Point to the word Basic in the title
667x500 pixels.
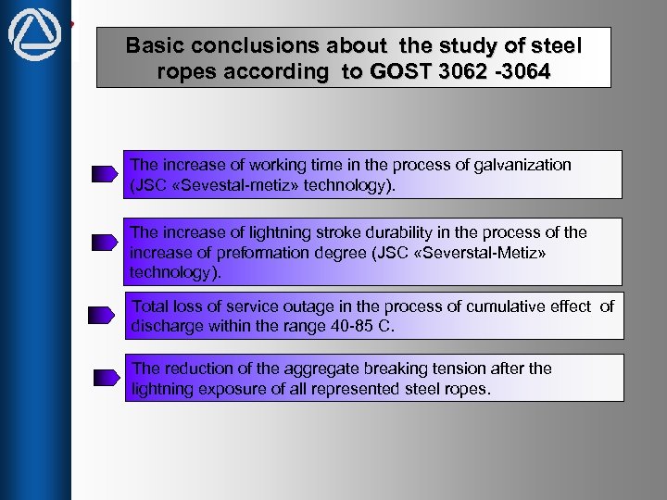point(155,44)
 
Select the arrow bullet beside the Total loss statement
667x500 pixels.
point(102,316)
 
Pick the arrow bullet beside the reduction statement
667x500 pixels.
point(105,377)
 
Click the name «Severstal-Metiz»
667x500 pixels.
point(481,252)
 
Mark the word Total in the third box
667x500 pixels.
point(151,306)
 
